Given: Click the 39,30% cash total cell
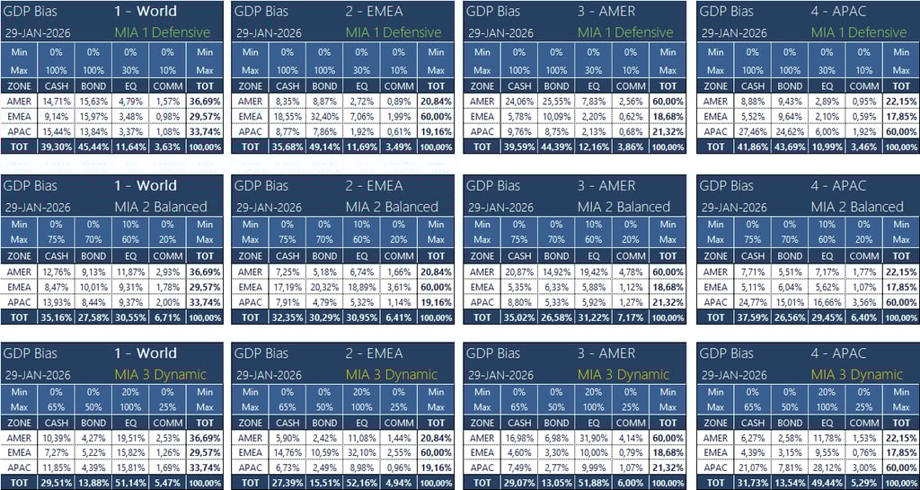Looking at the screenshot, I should pos(57,147).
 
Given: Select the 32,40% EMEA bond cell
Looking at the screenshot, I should pos(324,116).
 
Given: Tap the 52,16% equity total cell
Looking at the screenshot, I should pos(361,483).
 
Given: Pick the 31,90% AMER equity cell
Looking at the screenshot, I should pos(593,438).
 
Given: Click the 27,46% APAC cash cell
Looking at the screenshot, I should pos(753,131).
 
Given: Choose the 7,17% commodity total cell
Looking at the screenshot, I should pos(631,317).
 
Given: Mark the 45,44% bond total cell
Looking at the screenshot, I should pos(93,147).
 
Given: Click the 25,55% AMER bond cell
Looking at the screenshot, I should pos(556,102).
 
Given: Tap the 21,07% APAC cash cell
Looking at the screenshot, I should pos(753,468).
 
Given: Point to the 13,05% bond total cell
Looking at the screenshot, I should pos(556,483).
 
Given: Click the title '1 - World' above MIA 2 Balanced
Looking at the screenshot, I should pos(146,186).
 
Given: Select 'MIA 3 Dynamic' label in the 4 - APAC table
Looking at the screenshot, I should pos(858,374).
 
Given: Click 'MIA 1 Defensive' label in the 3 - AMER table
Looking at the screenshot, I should pos(625,32).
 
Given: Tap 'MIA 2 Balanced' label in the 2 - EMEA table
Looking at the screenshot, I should pos(393,207).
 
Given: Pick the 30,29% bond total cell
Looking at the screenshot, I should pos(324,317).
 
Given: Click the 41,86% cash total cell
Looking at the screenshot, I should pos(753,147).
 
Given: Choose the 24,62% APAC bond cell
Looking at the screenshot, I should pos(790,131).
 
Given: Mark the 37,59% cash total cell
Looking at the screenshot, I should pos(753,317).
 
